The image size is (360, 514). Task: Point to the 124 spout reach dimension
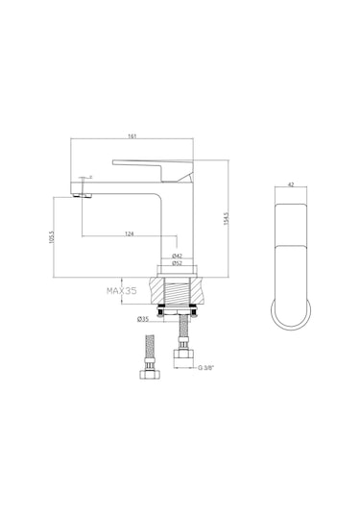(129, 233)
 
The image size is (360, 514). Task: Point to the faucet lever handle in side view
(152, 165)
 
